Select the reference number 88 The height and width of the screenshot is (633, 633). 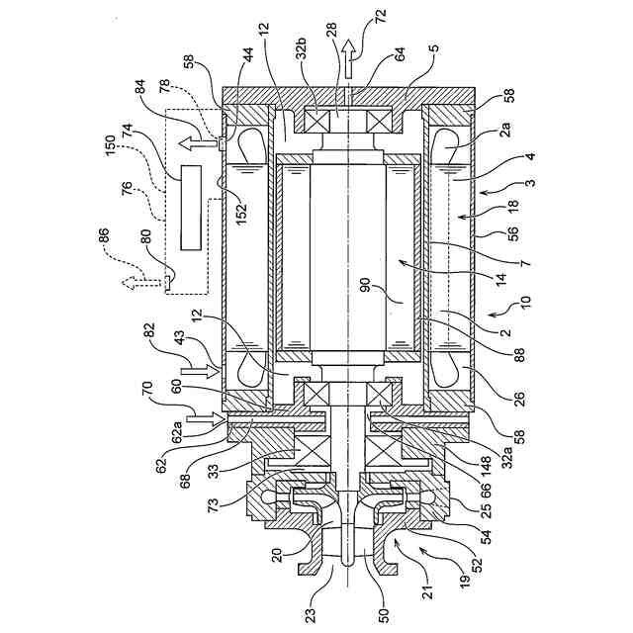[x=508, y=357]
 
